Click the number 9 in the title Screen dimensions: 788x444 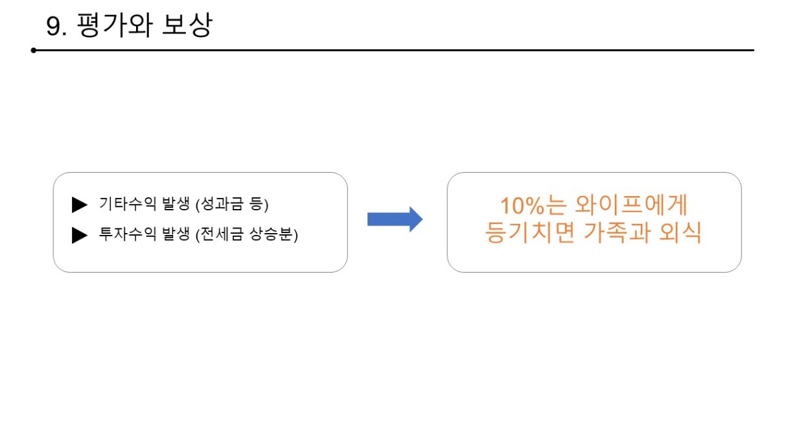[x=54, y=27]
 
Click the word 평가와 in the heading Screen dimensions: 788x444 [x=115, y=25]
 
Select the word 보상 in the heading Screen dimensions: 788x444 [x=187, y=25]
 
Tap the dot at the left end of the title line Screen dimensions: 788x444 [x=34, y=51]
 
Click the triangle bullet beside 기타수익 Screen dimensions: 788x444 [x=80, y=204]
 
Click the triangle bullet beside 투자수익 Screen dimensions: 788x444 [x=80, y=235]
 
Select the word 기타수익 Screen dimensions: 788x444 [x=128, y=204]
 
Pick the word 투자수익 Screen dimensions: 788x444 [x=128, y=234]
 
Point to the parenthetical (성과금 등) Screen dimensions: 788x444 [x=232, y=204]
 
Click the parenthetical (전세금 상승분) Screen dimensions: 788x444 [x=247, y=235]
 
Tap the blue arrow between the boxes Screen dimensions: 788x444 [x=395, y=219]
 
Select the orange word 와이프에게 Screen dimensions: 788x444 [x=631, y=205]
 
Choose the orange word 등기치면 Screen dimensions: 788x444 [x=530, y=232]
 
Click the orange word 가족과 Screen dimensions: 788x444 [x=616, y=232]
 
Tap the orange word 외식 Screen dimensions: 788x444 [x=680, y=232]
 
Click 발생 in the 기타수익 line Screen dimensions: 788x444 [x=176, y=204]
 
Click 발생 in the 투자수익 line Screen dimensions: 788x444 [x=176, y=234]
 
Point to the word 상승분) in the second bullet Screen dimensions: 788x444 [x=273, y=235]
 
